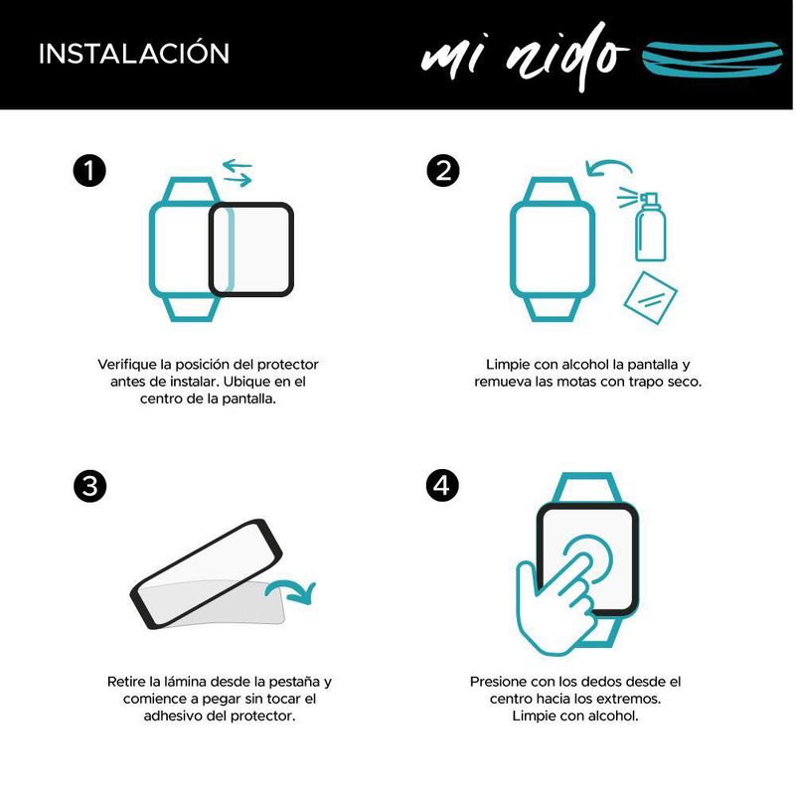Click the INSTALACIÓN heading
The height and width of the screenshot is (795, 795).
coord(134,53)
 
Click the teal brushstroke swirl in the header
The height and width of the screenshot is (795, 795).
coord(712,59)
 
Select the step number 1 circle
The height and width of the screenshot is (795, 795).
coord(89,170)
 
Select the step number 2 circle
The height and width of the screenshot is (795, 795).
coord(443,170)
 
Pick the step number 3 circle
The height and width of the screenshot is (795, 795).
coord(89,486)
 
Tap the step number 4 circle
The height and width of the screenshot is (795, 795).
coord(442,485)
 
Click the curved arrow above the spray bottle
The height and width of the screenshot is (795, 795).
coord(608,165)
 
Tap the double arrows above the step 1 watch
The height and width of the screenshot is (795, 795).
coord(238,172)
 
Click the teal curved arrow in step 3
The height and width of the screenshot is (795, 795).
coord(291,590)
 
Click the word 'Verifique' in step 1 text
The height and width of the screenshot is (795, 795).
coord(127,365)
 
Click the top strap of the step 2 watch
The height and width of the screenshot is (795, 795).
coord(552,189)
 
